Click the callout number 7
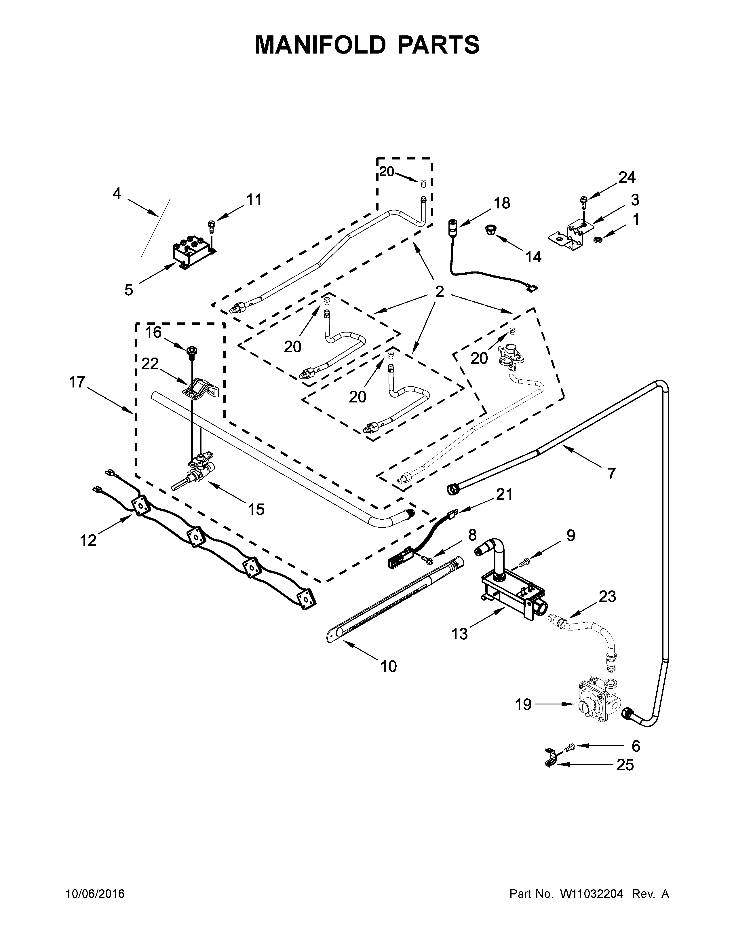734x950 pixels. pyautogui.click(x=611, y=473)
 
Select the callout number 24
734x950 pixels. pyautogui.click(x=627, y=177)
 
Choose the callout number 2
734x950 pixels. pyautogui.click(x=440, y=291)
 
